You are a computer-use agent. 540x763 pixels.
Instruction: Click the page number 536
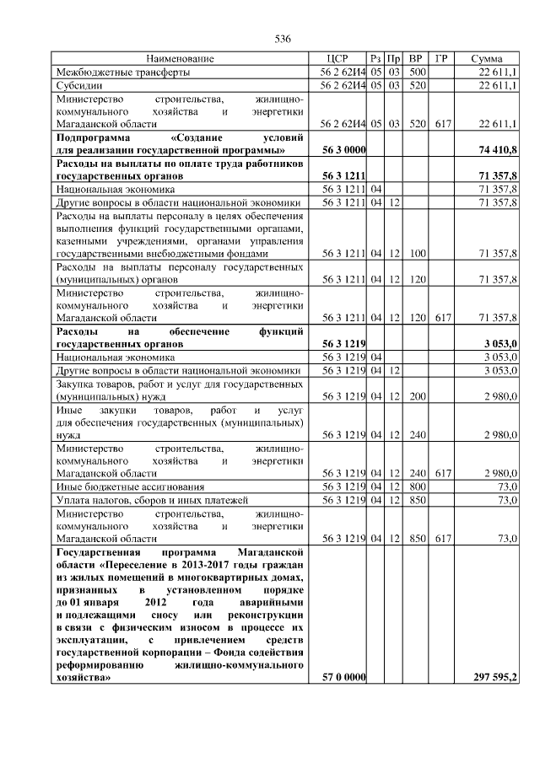pyautogui.click(x=283, y=39)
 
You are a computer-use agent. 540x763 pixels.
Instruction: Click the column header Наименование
pyautogui.click(x=180, y=59)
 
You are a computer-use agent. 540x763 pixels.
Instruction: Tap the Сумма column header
pyautogui.click(x=487, y=59)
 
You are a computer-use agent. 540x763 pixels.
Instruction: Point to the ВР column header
pyautogui.click(x=415, y=59)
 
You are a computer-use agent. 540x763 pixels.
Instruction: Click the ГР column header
pyautogui.click(x=441, y=59)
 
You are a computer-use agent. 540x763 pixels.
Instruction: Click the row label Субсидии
pyautogui.click(x=80, y=86)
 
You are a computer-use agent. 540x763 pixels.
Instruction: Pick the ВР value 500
pyautogui.click(x=415, y=73)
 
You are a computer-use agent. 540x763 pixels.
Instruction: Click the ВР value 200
pyautogui.click(x=415, y=395)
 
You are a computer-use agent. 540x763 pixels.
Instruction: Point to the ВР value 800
pyautogui.click(x=415, y=486)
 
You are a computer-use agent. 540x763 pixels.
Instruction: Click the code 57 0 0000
pyautogui.click(x=343, y=677)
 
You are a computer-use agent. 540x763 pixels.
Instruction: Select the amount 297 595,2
pyautogui.click(x=494, y=677)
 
